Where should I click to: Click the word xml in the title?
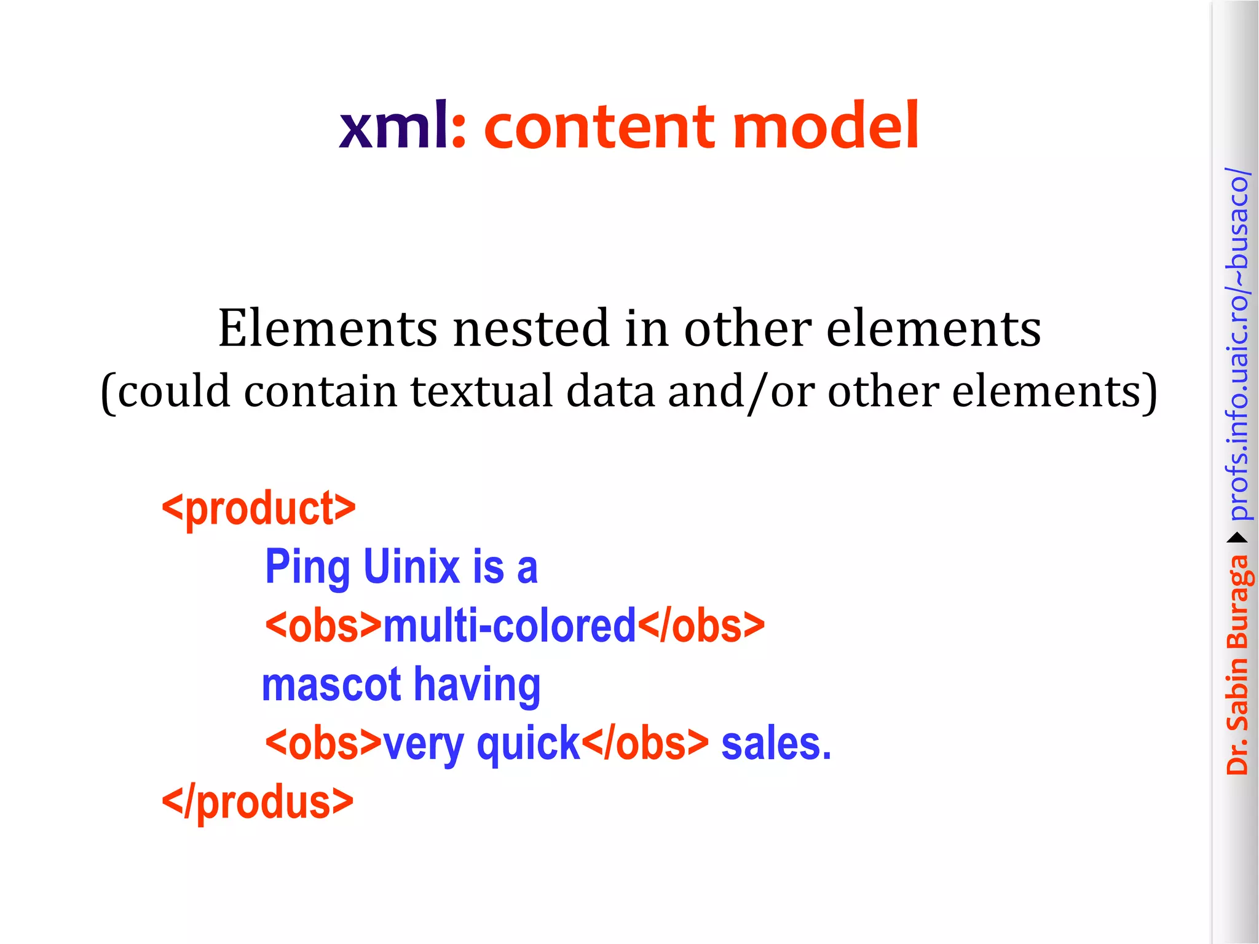click(393, 126)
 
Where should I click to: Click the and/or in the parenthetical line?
click(741, 391)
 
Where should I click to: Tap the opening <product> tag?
click(258, 508)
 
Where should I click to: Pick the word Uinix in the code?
click(411, 567)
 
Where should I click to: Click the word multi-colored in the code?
click(509, 626)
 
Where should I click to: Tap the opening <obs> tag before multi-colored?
click(323, 626)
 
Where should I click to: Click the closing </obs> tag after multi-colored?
click(701, 626)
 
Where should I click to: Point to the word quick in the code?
click(528, 744)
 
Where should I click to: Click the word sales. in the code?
click(776, 744)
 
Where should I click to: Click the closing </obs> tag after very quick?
click(645, 744)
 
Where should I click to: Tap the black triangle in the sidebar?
click(1237, 538)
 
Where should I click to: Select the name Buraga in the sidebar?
click(1237, 602)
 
